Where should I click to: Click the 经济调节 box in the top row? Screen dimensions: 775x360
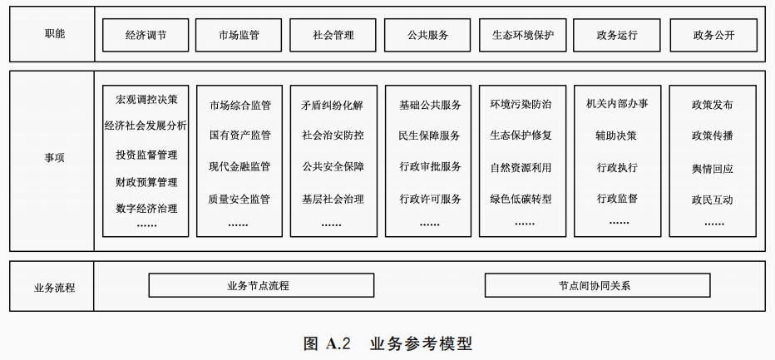click(x=146, y=36)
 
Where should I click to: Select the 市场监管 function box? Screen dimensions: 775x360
click(x=239, y=36)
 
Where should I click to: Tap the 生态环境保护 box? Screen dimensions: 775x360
click(x=523, y=36)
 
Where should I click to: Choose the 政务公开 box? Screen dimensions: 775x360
click(x=713, y=36)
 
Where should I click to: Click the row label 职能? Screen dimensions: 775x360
click(x=54, y=34)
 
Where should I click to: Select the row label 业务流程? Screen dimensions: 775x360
click(x=54, y=288)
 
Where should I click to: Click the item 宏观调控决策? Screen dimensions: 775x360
click(x=146, y=100)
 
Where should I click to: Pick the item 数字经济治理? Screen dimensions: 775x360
click(x=146, y=208)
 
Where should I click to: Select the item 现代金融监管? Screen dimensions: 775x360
click(x=239, y=166)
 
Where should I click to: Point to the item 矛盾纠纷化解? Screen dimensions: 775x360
click(x=333, y=106)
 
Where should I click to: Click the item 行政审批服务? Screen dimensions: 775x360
click(x=430, y=166)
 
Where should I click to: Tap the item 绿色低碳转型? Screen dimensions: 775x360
click(x=521, y=199)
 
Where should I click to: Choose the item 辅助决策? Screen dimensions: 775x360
click(x=616, y=135)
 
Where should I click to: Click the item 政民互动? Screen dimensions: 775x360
click(x=713, y=200)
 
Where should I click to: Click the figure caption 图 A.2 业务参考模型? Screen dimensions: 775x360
click(x=388, y=343)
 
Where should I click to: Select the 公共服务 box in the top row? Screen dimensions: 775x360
click(x=428, y=36)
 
